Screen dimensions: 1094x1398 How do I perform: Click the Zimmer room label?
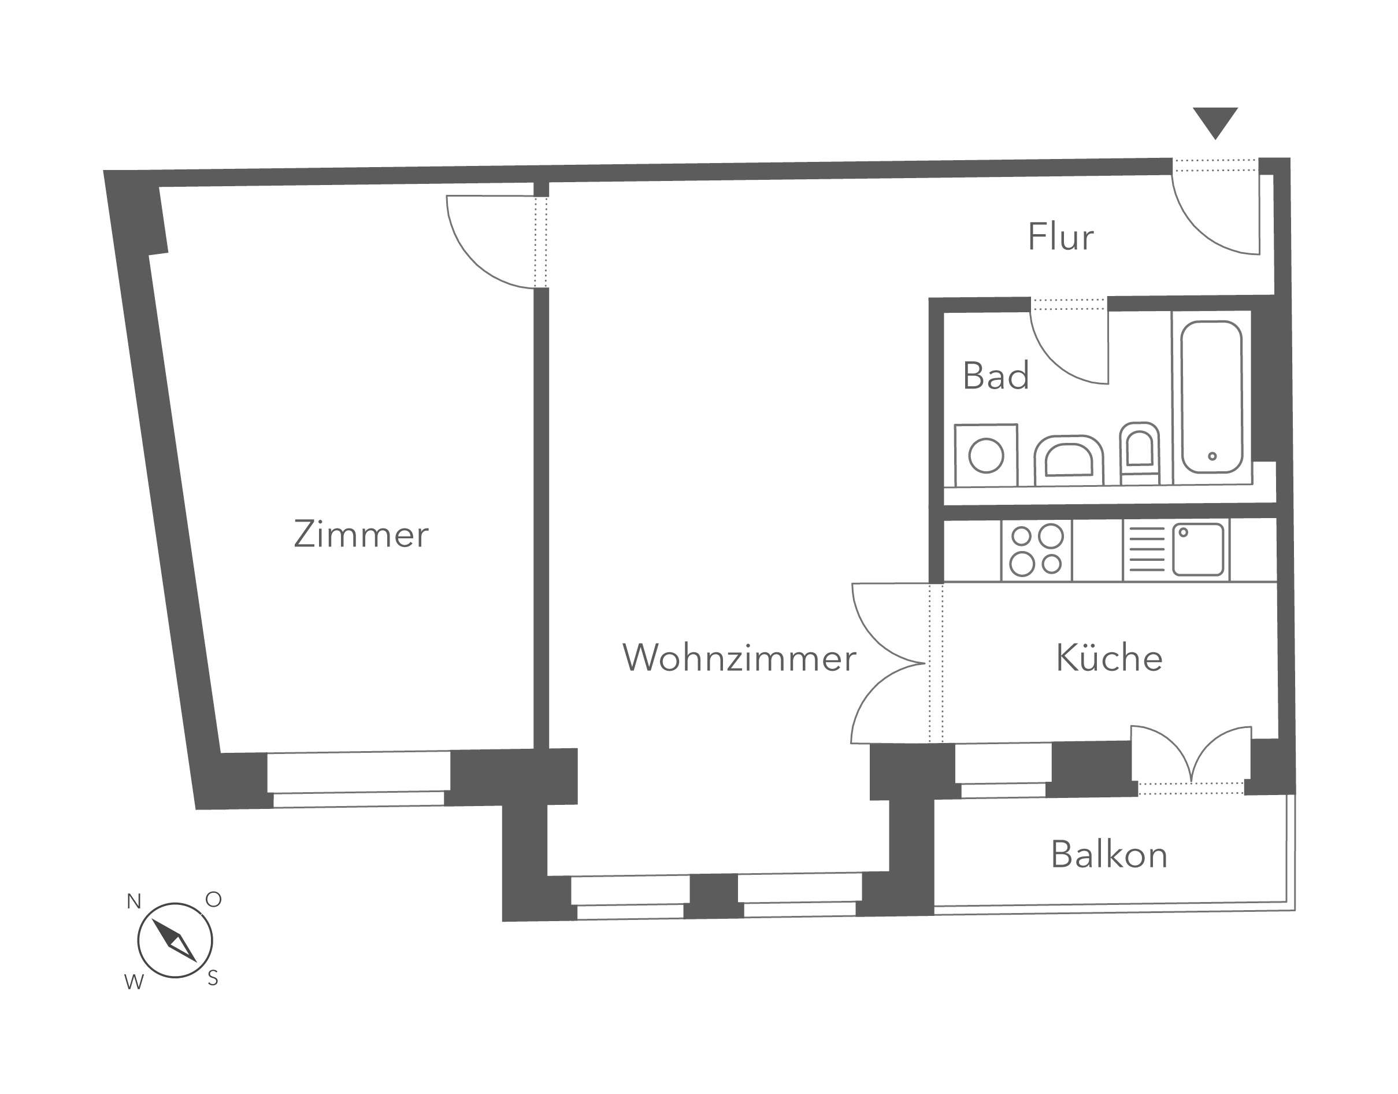[361, 535]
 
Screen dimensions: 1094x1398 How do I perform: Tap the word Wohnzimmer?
[739, 658]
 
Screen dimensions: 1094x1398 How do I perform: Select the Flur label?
[1060, 237]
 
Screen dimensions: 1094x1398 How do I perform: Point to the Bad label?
[995, 376]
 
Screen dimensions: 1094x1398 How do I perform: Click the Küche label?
[1108, 658]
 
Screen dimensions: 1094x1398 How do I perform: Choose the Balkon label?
[1108, 855]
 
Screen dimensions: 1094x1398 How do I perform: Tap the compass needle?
[174, 940]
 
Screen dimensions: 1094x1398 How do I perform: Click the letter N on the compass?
[134, 902]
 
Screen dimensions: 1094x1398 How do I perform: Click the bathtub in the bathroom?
[1212, 397]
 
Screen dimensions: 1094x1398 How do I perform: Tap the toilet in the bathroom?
[1140, 452]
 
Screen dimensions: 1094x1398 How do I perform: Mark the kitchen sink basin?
[1197, 549]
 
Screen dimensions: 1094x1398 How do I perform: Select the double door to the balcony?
[1191, 756]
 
